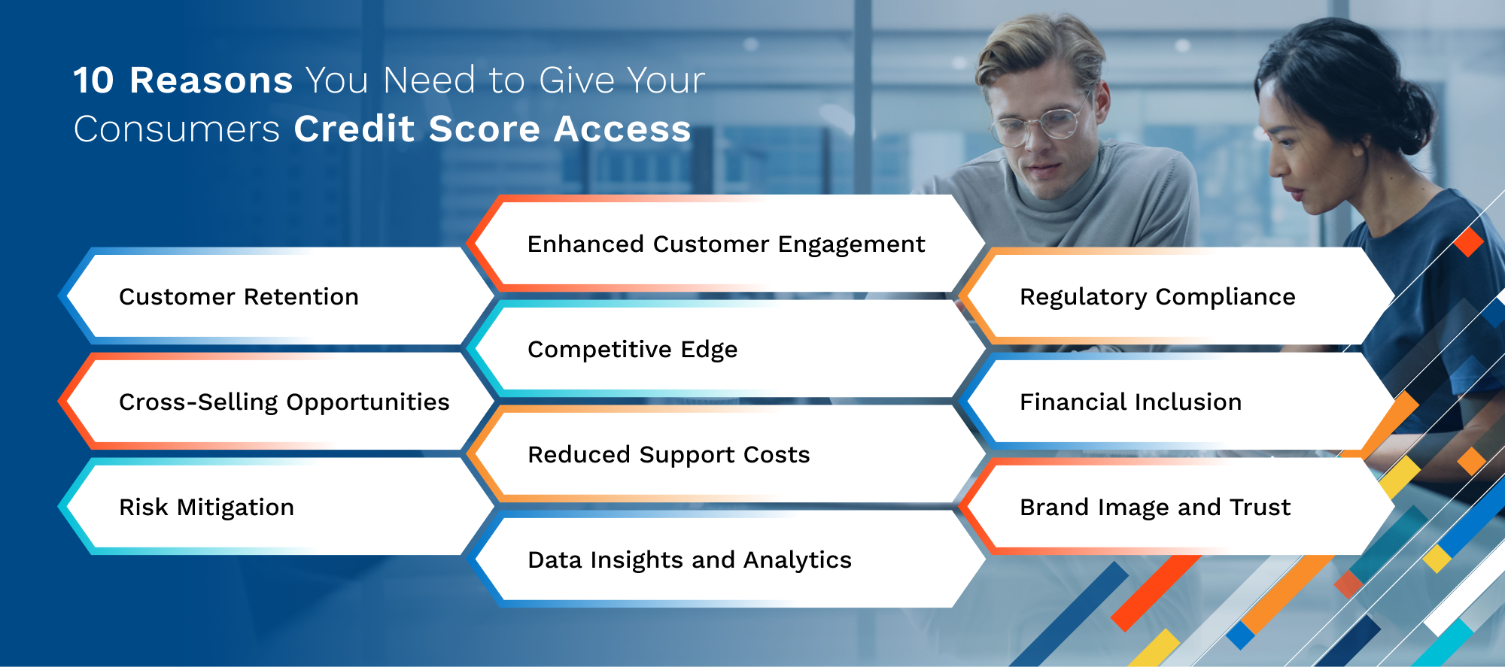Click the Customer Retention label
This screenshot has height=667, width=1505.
tap(239, 297)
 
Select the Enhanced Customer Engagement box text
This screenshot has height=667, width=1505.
tap(726, 245)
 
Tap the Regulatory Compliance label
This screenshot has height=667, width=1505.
tap(1157, 298)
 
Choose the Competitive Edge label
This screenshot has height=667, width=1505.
tap(632, 350)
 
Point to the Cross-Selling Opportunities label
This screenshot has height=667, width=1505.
tap(284, 403)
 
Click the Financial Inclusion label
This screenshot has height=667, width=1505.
tap(1130, 402)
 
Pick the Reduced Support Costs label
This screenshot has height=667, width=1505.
tap(668, 456)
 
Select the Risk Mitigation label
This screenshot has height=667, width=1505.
tap(206, 508)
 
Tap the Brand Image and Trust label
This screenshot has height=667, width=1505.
tap(1155, 508)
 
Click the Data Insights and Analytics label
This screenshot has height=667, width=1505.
tap(689, 561)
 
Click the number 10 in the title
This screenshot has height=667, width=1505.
tap(94, 80)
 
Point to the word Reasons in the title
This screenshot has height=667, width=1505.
tap(211, 80)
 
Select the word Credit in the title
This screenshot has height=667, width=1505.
tap(354, 129)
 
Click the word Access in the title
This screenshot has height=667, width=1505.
tap(622, 129)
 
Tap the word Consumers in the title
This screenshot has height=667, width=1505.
tap(177, 129)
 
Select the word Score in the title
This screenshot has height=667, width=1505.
tap(485, 129)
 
